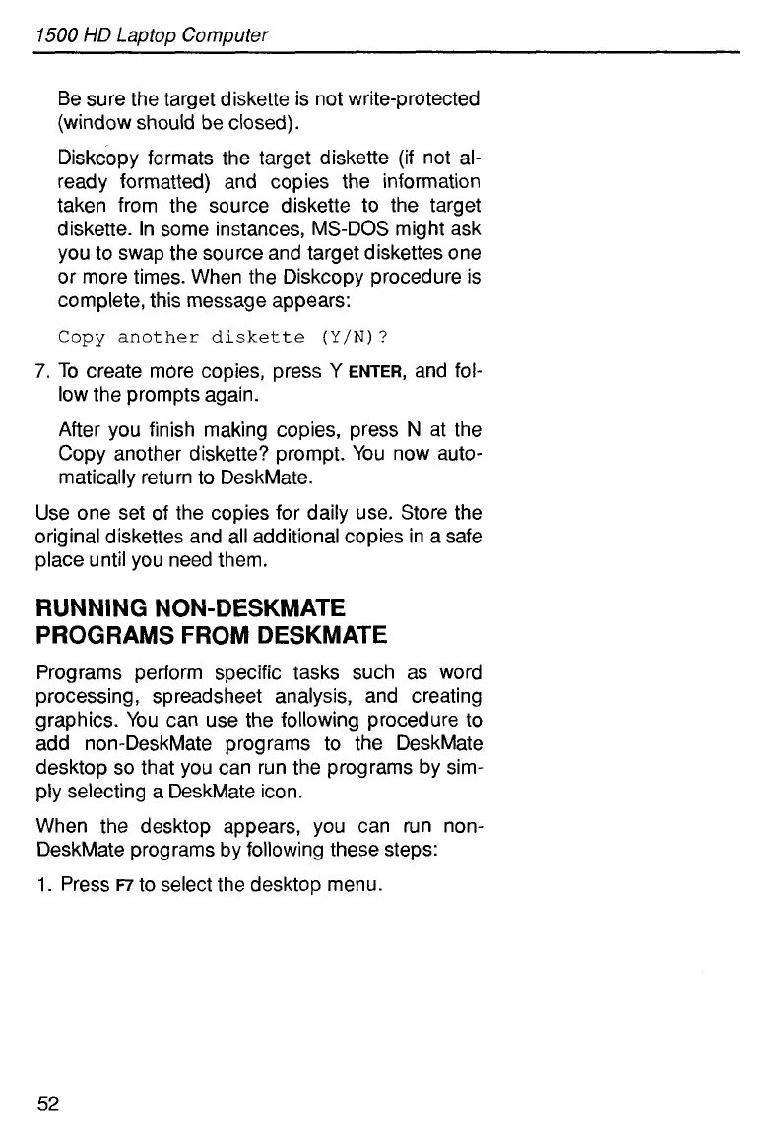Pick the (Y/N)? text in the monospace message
(357, 338)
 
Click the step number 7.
(40, 372)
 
